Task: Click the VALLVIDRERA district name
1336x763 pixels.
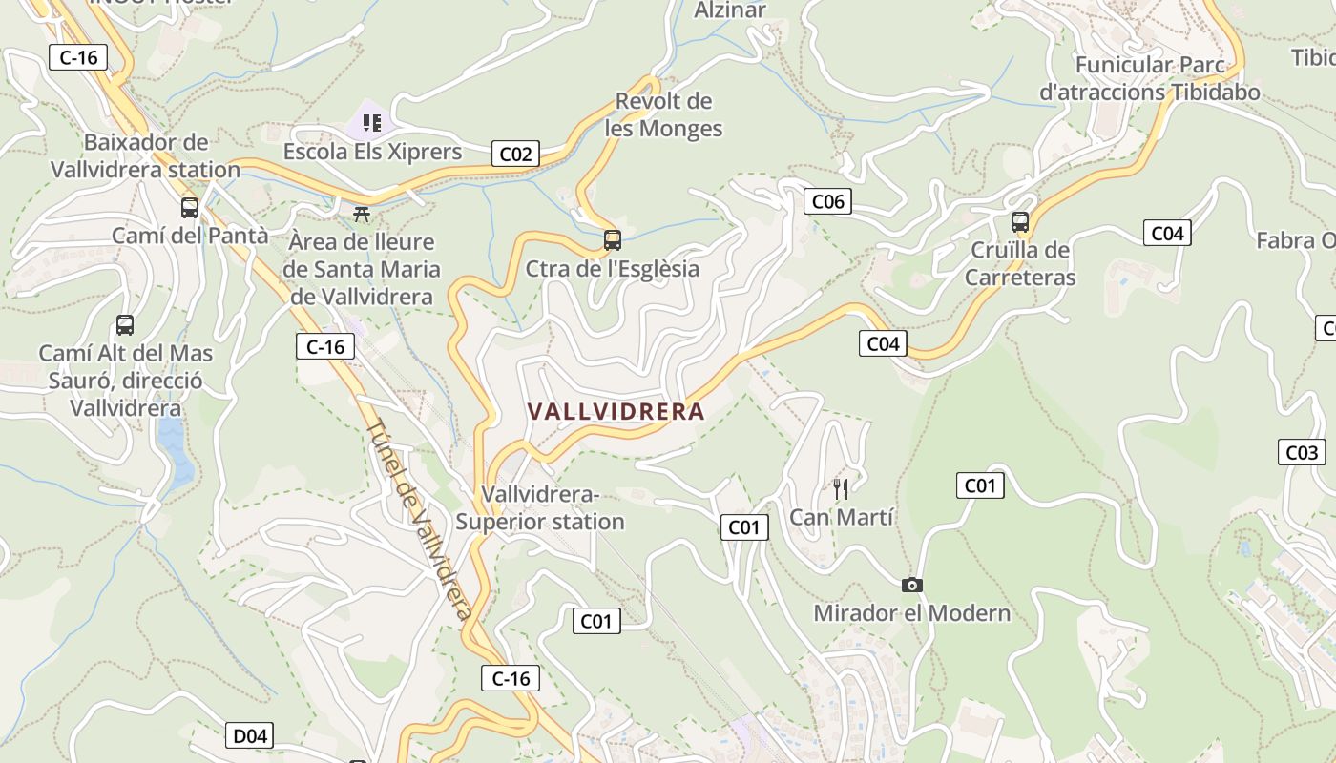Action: pyautogui.click(x=616, y=412)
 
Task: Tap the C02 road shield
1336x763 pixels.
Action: pyautogui.click(x=515, y=154)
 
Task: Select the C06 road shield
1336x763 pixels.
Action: pyautogui.click(x=826, y=201)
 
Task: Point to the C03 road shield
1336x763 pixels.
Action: pyautogui.click(x=1301, y=453)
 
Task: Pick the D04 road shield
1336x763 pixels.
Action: pyautogui.click(x=250, y=735)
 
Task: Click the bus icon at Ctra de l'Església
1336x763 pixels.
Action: pyautogui.click(x=613, y=240)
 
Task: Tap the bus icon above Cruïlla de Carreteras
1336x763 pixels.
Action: pyautogui.click(x=1020, y=223)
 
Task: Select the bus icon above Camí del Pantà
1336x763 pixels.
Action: pyautogui.click(x=190, y=207)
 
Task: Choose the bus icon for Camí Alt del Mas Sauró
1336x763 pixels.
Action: pyautogui.click(x=125, y=325)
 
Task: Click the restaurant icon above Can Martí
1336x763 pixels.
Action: pyautogui.click(x=841, y=489)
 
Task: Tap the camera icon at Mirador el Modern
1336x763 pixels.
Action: pyautogui.click(x=911, y=585)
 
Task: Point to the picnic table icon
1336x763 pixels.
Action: pyautogui.click(x=362, y=215)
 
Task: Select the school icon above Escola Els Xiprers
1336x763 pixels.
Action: pyautogui.click(x=371, y=123)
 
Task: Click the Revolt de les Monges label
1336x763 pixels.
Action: pyautogui.click(x=664, y=114)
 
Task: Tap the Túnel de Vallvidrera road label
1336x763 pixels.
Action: pyautogui.click(x=420, y=520)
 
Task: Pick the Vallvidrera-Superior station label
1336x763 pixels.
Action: pyautogui.click(x=540, y=508)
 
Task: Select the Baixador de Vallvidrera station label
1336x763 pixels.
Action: pyautogui.click(x=145, y=155)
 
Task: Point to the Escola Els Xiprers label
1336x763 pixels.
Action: pyautogui.click(x=372, y=152)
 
